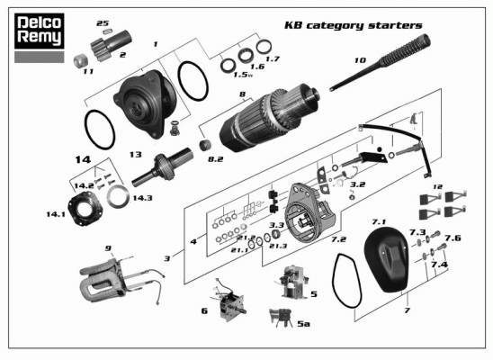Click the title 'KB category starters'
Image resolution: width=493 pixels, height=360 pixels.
click(x=353, y=25)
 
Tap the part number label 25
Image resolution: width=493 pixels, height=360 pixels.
click(x=103, y=23)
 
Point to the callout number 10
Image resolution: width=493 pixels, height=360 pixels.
click(x=361, y=59)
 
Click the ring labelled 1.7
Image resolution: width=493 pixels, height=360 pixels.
click(x=264, y=47)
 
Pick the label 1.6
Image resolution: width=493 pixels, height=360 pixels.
click(x=257, y=67)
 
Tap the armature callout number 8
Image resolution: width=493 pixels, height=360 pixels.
click(x=242, y=94)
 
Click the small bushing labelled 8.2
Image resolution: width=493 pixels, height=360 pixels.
click(x=205, y=145)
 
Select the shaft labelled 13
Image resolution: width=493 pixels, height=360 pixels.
click(x=163, y=167)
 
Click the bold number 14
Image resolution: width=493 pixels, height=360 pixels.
click(x=83, y=159)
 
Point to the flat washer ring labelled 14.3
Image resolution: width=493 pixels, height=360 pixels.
click(x=118, y=196)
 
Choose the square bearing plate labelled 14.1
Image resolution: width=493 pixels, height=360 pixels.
click(x=85, y=208)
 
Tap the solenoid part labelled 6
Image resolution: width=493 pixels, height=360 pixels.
click(x=229, y=301)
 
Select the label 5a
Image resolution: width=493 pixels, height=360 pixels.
click(x=303, y=324)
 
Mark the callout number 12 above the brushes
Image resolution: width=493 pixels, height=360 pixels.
click(x=437, y=187)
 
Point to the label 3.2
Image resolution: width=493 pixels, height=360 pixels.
click(x=358, y=184)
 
